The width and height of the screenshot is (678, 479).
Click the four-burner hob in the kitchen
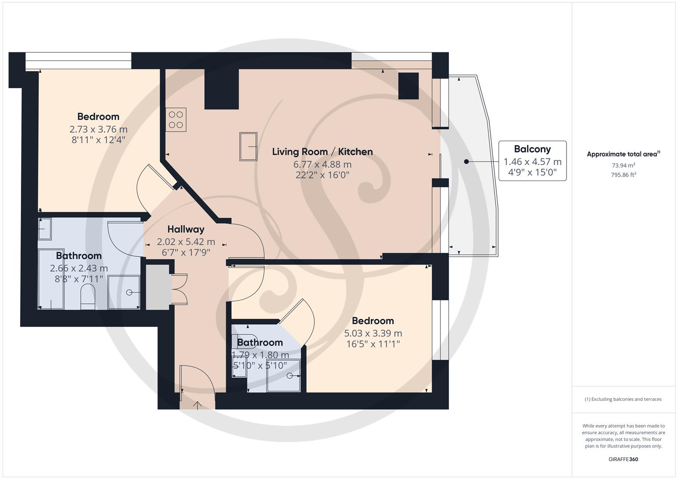(x=176, y=120)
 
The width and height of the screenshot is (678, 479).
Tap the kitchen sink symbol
(x=248, y=146)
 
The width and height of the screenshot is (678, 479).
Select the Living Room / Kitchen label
(x=322, y=152)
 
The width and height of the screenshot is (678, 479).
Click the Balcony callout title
(x=532, y=149)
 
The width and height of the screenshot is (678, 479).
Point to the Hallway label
(x=186, y=229)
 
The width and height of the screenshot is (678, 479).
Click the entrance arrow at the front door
(x=197, y=405)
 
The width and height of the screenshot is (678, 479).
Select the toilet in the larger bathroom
(x=88, y=297)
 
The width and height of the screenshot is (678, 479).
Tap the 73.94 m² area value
(x=623, y=165)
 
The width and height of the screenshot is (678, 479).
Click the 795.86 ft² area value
(x=623, y=175)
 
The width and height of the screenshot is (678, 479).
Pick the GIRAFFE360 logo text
(x=623, y=459)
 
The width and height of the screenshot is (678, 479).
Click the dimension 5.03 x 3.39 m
(x=373, y=333)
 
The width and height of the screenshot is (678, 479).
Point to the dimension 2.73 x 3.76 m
(x=98, y=129)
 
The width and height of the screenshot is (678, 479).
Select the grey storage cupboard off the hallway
(x=158, y=287)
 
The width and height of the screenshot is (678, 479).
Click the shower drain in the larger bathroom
(x=129, y=292)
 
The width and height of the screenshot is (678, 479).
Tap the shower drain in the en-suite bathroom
(x=290, y=376)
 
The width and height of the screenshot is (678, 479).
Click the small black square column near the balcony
(x=408, y=86)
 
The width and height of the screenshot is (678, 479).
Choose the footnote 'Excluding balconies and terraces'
(x=623, y=399)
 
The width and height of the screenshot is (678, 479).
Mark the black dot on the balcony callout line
(x=466, y=161)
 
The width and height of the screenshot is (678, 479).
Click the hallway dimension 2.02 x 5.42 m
(x=186, y=242)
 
